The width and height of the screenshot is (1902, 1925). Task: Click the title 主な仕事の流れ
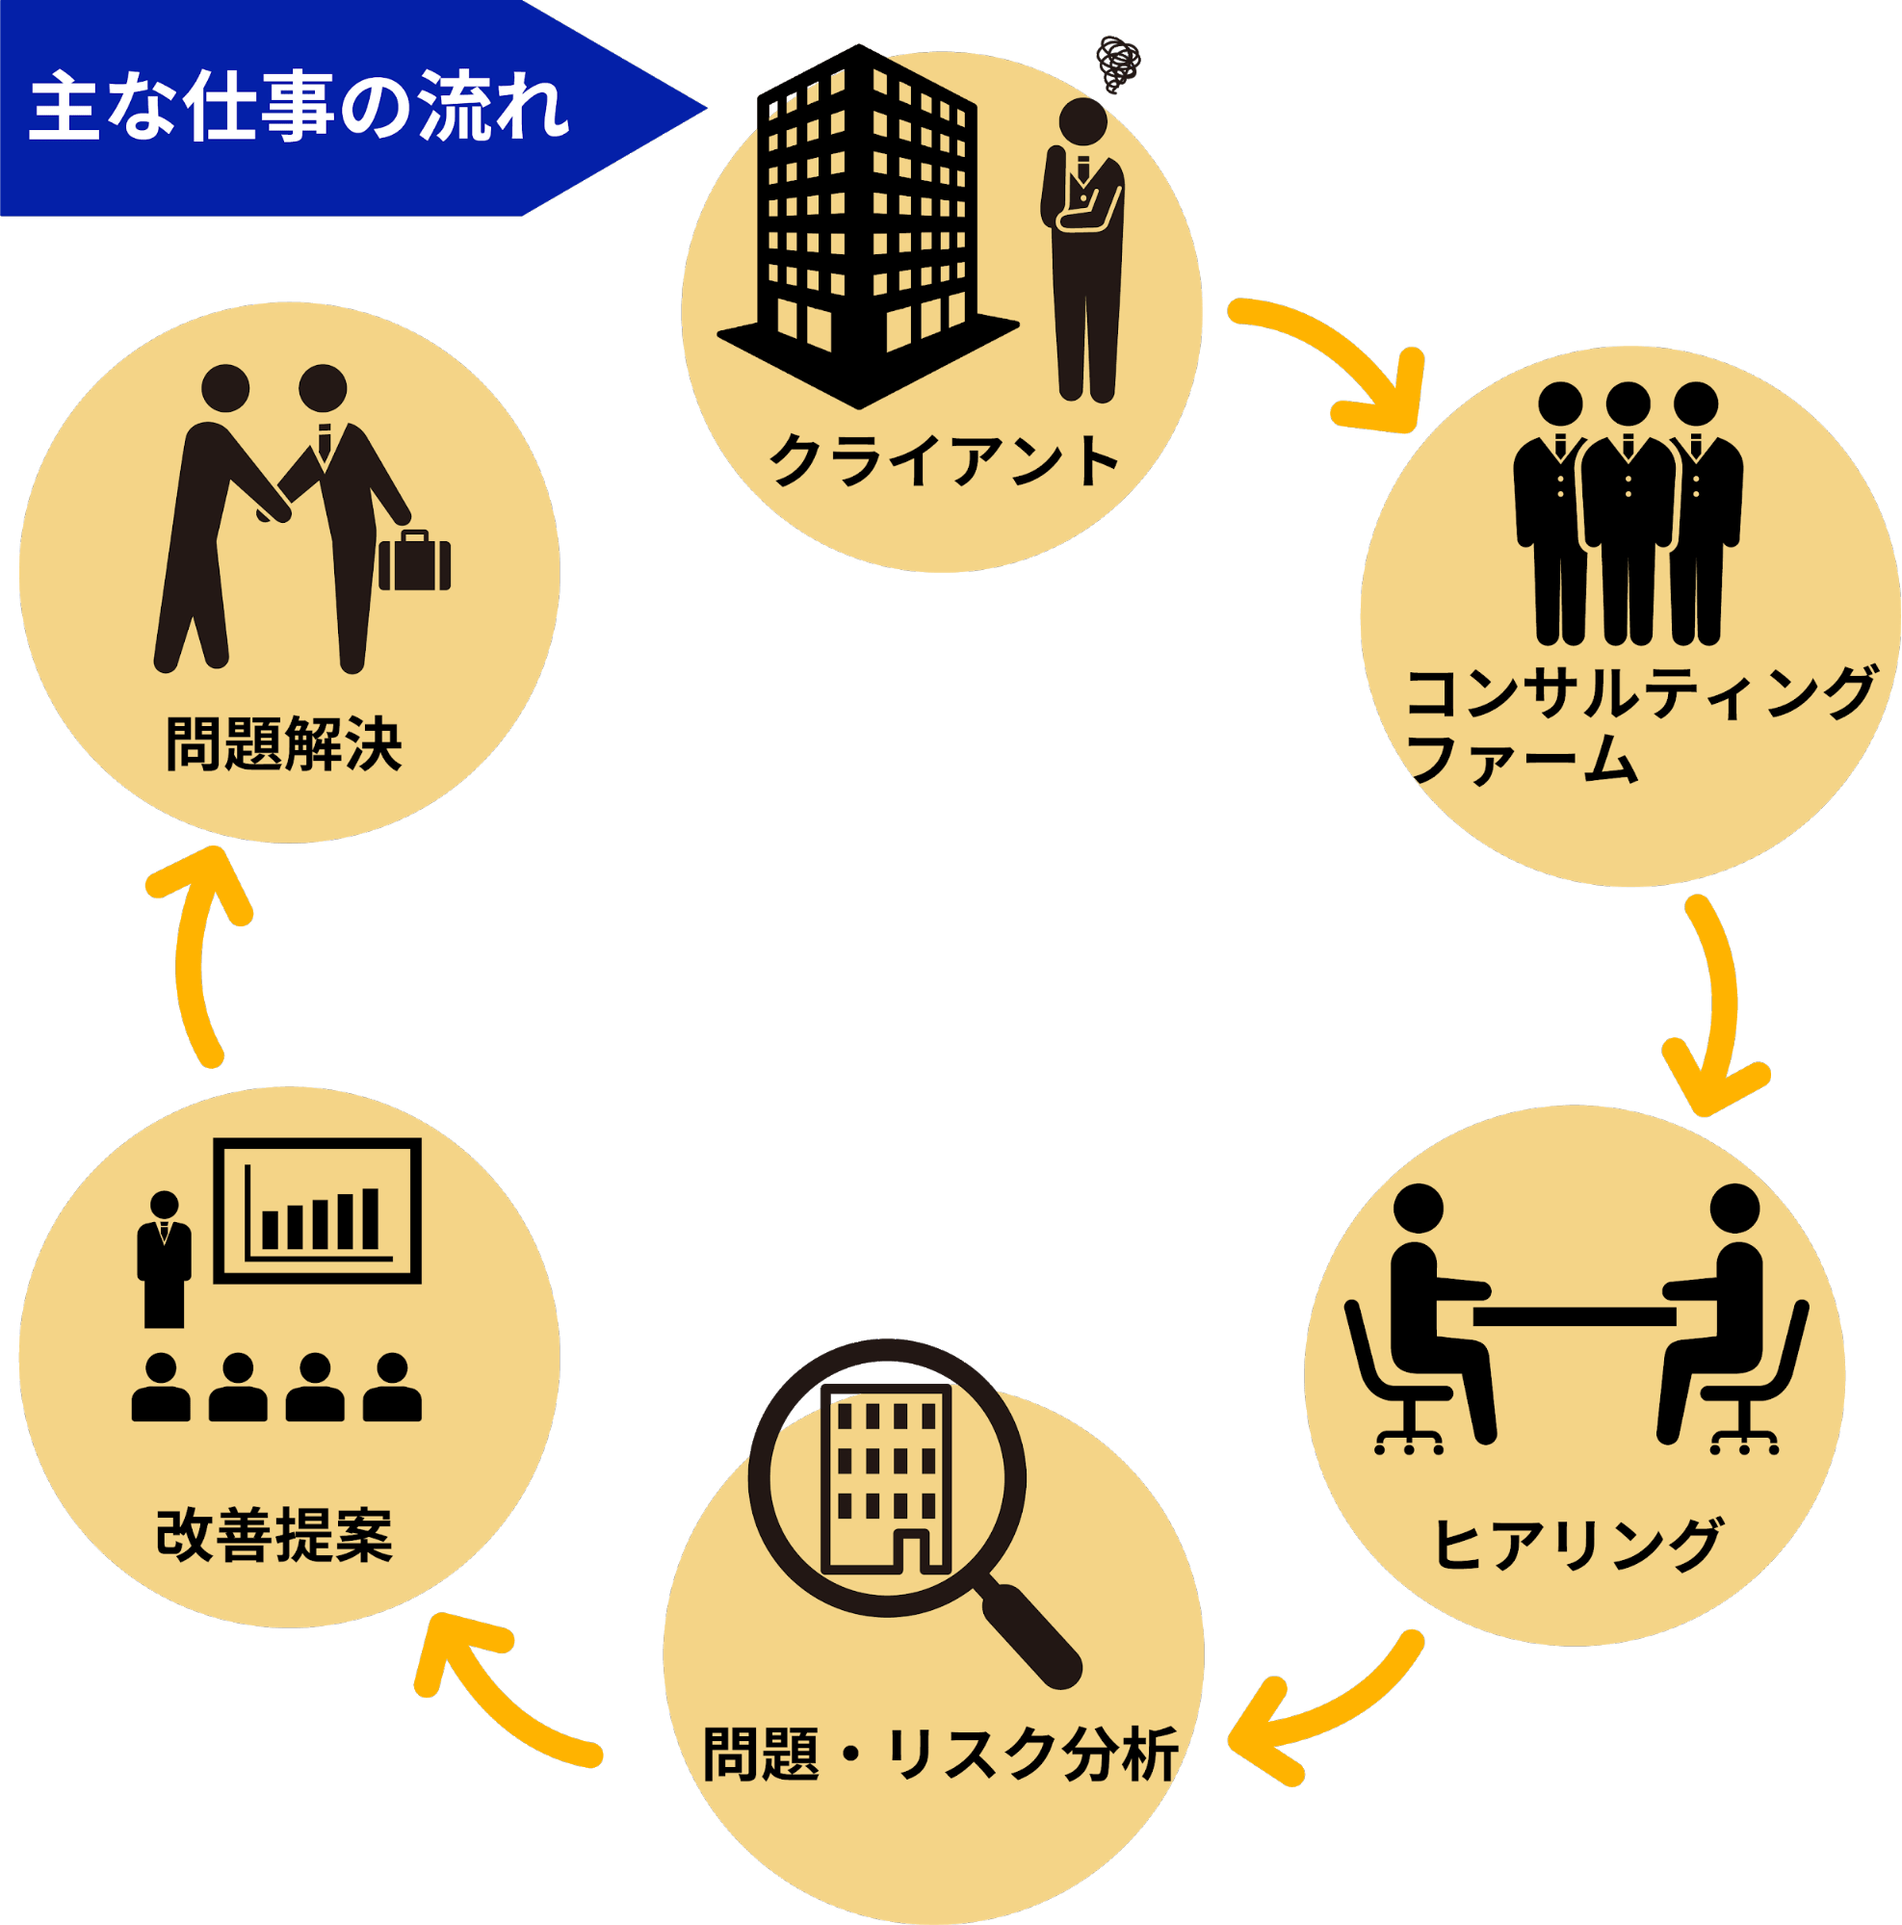coord(299,108)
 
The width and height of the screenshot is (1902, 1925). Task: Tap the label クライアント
coord(943,460)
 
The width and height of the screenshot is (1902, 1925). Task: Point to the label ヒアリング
coord(1576,1544)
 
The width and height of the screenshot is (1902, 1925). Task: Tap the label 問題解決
coord(284,743)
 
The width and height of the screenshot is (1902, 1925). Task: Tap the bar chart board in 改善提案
coord(317,1210)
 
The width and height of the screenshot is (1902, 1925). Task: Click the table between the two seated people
coord(1576,1317)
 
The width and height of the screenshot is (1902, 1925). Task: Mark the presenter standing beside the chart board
coord(165,1261)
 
